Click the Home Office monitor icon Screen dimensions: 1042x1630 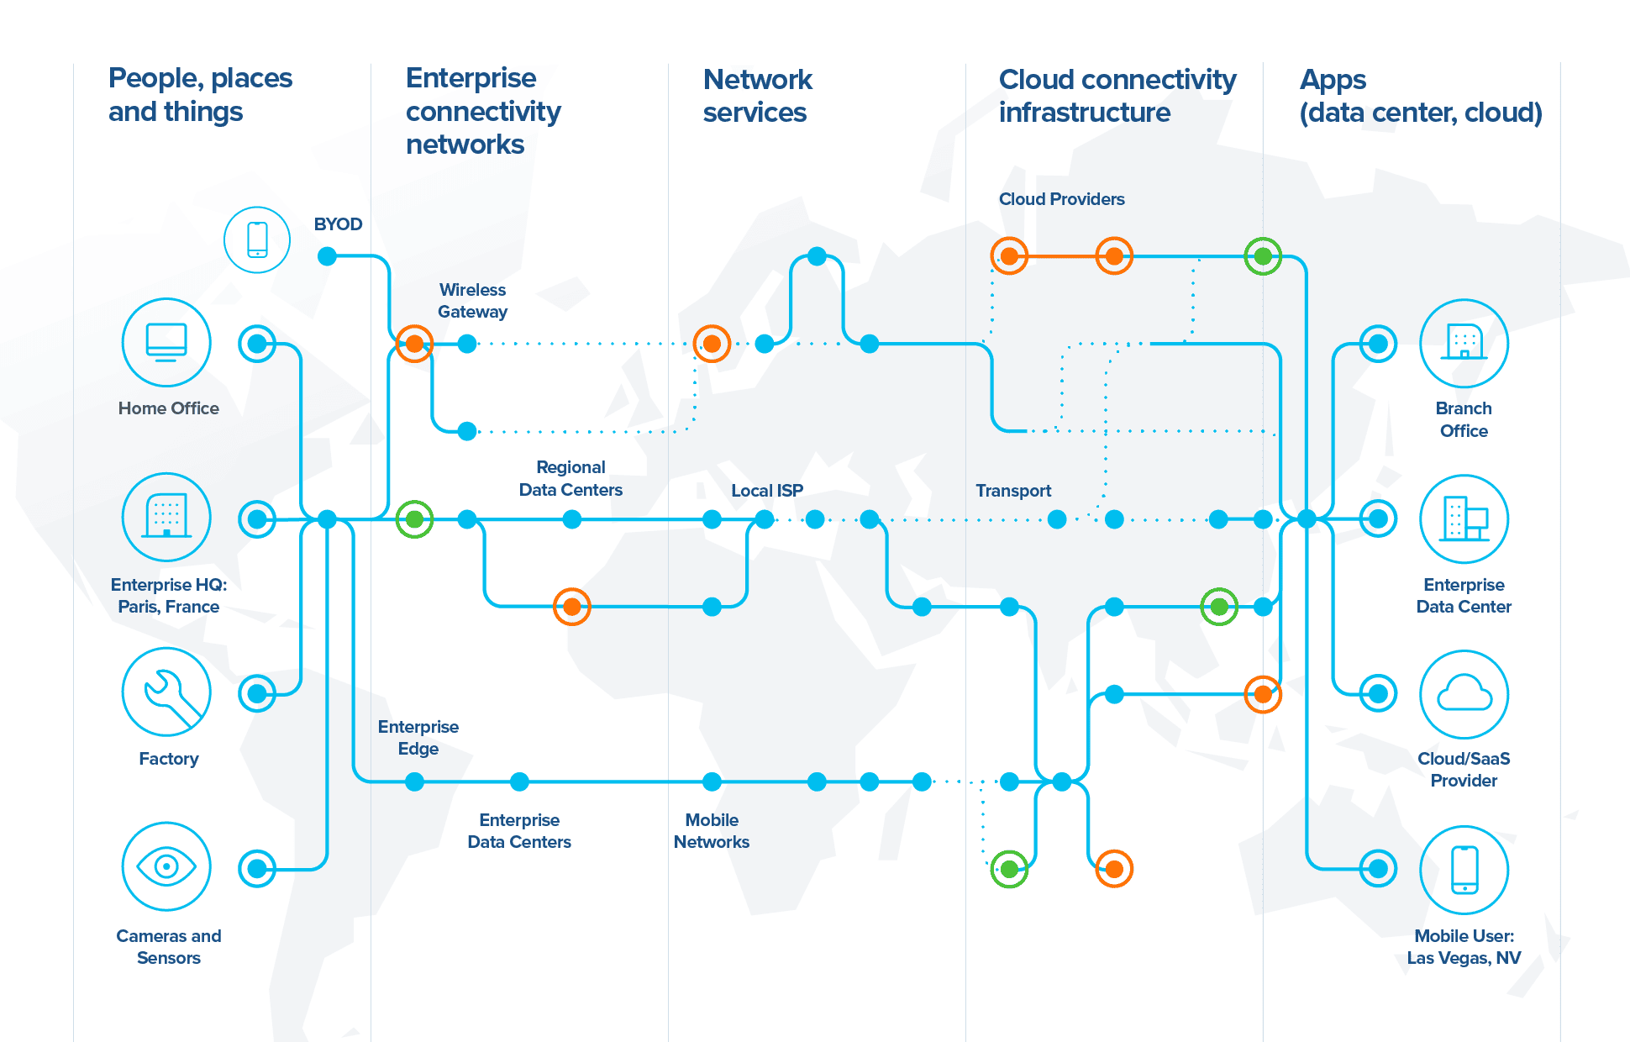(x=166, y=342)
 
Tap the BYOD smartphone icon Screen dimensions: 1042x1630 (x=257, y=239)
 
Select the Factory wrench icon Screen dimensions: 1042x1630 (x=166, y=692)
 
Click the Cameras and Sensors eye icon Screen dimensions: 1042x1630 (x=166, y=866)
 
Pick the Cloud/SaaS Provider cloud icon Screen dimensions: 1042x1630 (x=1464, y=694)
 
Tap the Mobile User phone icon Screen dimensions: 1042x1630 (x=1464, y=869)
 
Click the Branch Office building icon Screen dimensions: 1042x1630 (x=1464, y=343)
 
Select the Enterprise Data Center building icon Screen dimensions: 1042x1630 (x=1464, y=518)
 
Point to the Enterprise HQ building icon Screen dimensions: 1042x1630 (x=166, y=517)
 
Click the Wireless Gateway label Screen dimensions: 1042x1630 (x=472, y=301)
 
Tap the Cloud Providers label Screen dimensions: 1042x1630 (x=1061, y=199)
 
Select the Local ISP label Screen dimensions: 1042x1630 (x=766, y=491)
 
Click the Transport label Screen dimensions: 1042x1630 (x=1012, y=491)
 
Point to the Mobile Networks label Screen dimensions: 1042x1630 (x=711, y=831)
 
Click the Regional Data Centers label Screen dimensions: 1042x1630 (x=570, y=478)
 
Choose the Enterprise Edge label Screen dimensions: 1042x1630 (x=418, y=738)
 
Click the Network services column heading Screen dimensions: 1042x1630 (x=756, y=96)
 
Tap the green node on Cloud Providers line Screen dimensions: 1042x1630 (x=1262, y=256)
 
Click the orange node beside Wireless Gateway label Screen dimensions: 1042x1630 (x=414, y=344)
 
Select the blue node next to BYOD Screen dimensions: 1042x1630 (x=328, y=256)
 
